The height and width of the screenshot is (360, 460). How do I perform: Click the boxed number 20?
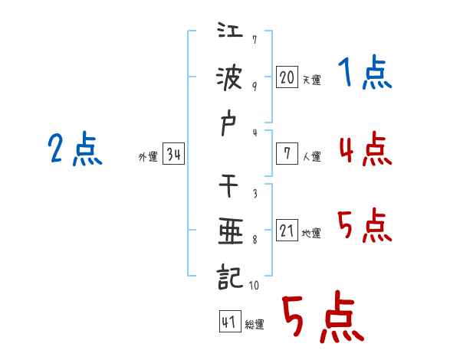[x=287, y=77]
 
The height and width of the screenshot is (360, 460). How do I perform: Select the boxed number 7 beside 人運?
[x=287, y=153]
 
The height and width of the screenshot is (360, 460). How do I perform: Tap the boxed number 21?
[x=287, y=230]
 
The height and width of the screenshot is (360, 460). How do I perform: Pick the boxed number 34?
[x=173, y=155]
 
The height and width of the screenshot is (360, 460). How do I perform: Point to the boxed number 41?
[x=228, y=322]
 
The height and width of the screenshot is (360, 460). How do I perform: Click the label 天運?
[x=310, y=80]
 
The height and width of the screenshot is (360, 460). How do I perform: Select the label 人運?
[x=311, y=156]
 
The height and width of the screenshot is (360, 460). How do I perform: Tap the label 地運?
[x=310, y=233]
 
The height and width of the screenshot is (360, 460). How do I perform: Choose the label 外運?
[x=147, y=157]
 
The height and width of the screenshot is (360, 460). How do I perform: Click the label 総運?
[x=254, y=324]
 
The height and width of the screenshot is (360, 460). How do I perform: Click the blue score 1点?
[x=364, y=75]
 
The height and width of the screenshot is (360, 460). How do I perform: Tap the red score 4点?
[x=365, y=149]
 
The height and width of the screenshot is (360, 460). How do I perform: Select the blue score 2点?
[x=74, y=149]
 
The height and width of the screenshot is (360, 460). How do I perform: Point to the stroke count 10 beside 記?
[x=254, y=285]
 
